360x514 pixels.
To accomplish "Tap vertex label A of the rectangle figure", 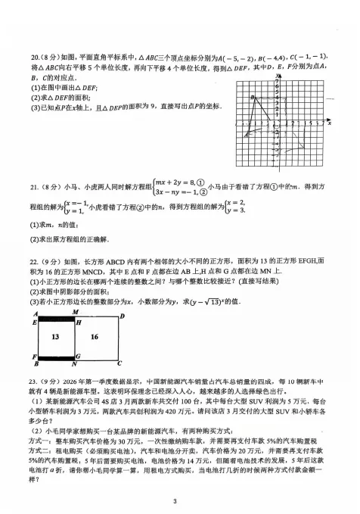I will pyautogui.click(x=34, y=313).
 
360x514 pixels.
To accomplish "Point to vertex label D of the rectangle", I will pyautogui.click(x=123, y=314).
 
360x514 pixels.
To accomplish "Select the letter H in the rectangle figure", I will pyautogui.click(x=76, y=322).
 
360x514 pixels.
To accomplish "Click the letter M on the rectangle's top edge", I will pyautogui.click(x=75, y=312).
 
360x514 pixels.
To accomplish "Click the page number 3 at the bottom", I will pyautogui.click(x=175, y=500).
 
